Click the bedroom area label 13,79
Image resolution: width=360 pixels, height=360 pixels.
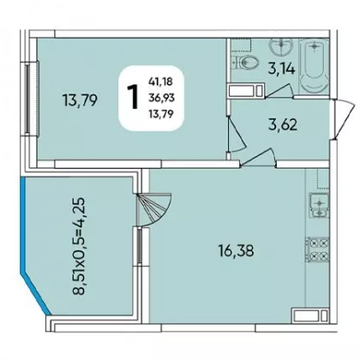click(x=81, y=100)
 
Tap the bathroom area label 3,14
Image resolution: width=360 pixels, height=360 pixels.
click(x=281, y=69)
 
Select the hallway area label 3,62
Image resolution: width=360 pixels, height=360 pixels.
click(x=283, y=125)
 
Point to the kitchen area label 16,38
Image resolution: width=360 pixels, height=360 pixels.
click(x=236, y=251)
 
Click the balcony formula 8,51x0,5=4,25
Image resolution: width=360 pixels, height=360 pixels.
click(x=78, y=246)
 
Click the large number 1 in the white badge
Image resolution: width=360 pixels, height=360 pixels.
click(x=133, y=97)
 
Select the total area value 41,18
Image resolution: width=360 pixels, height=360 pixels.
click(x=160, y=82)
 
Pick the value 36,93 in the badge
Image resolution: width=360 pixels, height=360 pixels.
click(x=161, y=99)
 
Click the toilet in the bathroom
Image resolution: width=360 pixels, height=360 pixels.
click(x=245, y=62)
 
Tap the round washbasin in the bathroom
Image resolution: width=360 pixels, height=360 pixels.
click(x=281, y=46)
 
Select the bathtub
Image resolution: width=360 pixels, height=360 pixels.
click(x=314, y=66)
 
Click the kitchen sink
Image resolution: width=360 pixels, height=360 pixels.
click(x=319, y=206)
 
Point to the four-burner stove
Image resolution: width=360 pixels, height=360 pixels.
click(x=317, y=249)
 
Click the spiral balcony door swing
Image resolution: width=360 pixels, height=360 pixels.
click(x=154, y=208)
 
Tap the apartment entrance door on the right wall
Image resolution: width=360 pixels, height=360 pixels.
click(x=345, y=118)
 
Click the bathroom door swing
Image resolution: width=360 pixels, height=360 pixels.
click(x=279, y=91)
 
